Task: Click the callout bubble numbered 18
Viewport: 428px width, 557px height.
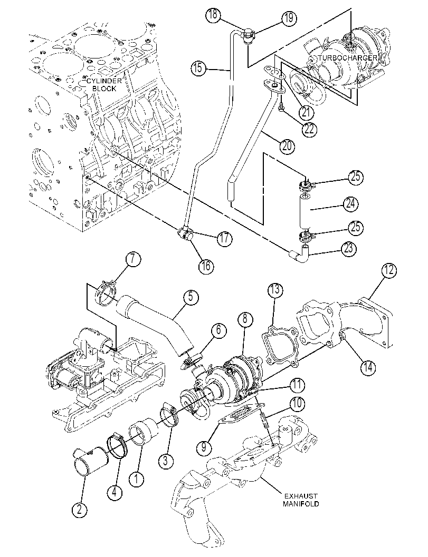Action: pos(213,15)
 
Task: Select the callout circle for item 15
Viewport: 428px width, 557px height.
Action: pos(198,68)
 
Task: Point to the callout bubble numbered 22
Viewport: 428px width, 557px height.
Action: pos(309,129)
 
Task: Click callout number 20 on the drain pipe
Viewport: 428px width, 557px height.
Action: pos(287,145)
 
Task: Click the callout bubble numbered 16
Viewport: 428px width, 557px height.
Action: pos(206,266)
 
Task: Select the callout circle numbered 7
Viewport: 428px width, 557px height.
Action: pos(132,259)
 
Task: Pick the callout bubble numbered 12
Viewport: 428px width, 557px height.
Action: pos(389,271)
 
